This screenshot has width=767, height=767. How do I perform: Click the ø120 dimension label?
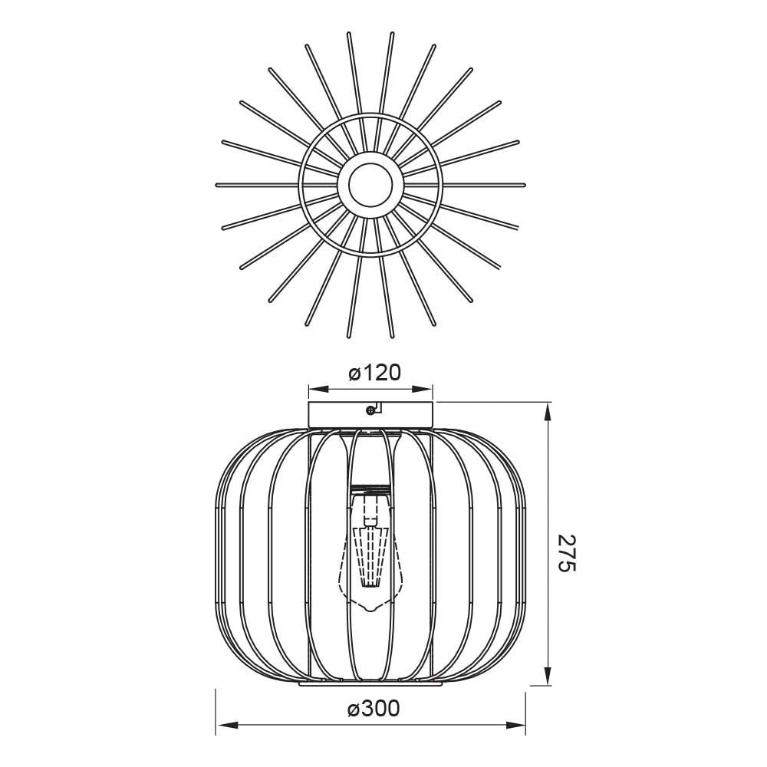pos(375,374)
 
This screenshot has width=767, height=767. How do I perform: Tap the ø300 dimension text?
pos(374,709)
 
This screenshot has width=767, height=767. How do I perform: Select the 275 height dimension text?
pos(568,553)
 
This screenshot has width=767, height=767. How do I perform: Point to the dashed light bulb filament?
pos(370,555)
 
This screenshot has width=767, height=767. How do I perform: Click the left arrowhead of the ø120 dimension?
pos(318,390)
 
